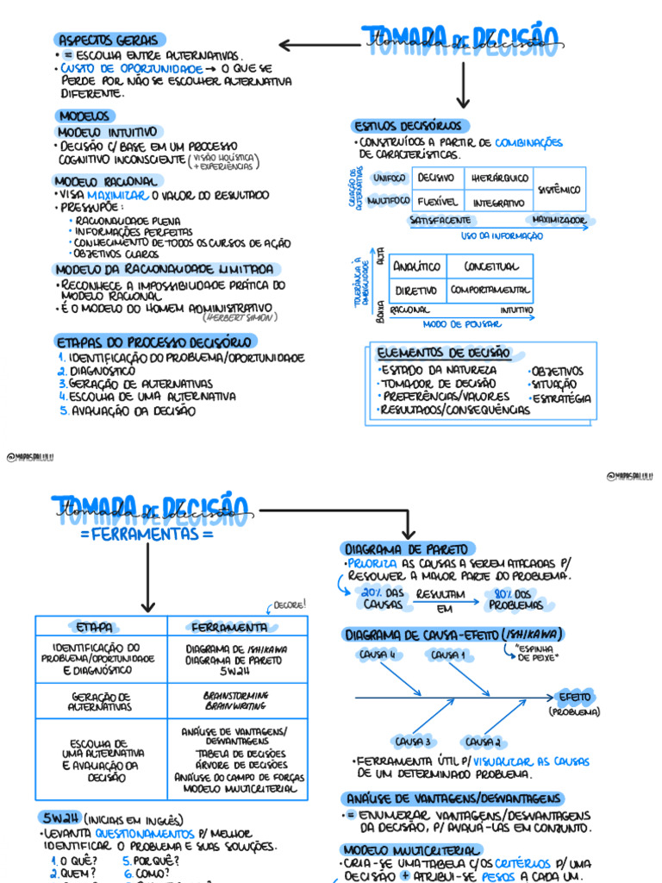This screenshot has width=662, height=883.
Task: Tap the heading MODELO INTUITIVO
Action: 107,132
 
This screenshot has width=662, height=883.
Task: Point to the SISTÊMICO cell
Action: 559,189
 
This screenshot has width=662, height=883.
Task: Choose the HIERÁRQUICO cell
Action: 499,178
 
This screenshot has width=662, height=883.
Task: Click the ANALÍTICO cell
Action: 417,266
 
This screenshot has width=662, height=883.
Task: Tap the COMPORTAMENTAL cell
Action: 489,290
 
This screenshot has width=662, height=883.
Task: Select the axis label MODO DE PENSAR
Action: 457,324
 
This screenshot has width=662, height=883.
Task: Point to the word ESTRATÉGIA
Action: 562,398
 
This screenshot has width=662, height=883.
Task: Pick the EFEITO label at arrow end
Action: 574,697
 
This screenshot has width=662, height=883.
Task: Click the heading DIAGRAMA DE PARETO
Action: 407,548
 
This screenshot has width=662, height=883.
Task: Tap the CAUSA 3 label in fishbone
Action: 412,741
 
